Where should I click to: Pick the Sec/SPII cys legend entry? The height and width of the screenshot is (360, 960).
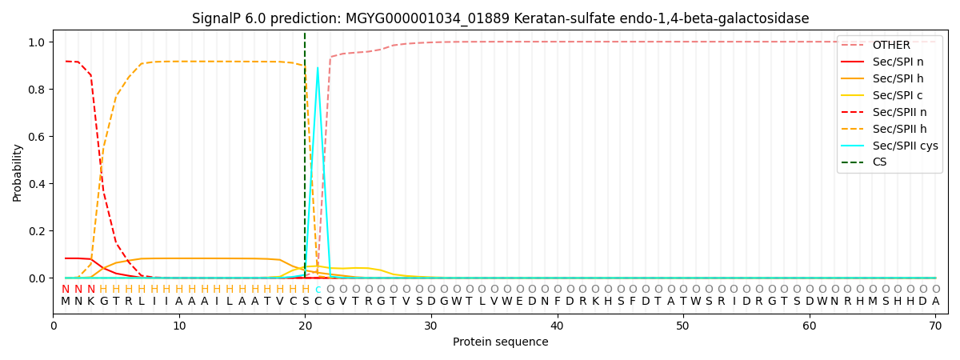(890, 146)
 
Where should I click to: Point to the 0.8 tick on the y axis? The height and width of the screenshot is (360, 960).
(37, 89)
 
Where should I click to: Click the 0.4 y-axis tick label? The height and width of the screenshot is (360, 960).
(37, 183)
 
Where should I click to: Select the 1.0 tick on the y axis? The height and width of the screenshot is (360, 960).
(37, 42)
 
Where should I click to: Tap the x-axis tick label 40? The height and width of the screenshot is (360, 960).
(557, 326)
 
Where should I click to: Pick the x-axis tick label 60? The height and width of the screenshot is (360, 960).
(809, 326)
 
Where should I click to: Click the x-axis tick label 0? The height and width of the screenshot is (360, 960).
(53, 326)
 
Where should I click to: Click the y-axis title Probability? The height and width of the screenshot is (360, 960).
(17, 173)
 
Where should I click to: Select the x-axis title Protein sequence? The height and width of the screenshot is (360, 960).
(501, 342)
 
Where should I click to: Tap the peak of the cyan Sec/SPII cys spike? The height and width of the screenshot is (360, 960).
(318, 67)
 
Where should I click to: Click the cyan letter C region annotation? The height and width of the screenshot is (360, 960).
(318, 290)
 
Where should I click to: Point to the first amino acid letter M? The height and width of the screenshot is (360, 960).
(66, 302)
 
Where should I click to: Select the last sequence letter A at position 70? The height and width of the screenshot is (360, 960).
(935, 302)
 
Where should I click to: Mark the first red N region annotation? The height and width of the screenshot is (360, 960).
(66, 290)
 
